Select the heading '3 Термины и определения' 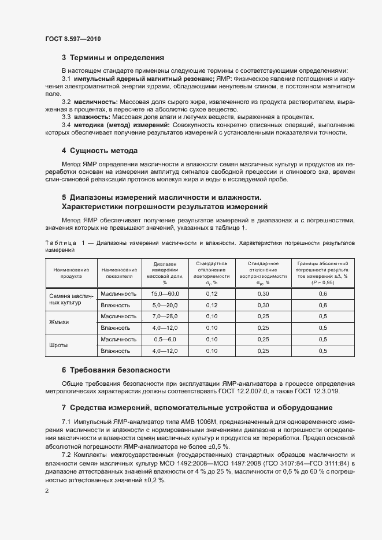[x=113, y=58]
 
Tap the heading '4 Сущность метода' [x=99, y=151]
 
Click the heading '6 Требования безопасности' [x=116, y=370]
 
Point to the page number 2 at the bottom [x=47, y=491]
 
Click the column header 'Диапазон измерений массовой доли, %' [x=164, y=273]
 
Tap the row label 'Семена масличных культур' [x=68, y=299]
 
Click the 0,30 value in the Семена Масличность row [x=263, y=293]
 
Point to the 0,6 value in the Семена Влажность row [x=322, y=305]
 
